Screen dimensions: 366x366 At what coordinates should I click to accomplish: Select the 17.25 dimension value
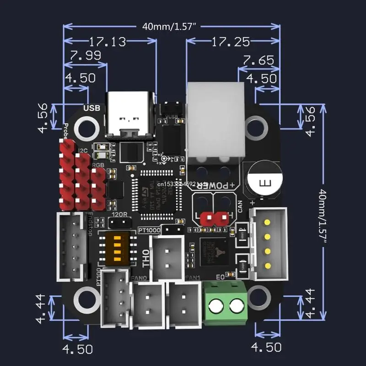(231, 42)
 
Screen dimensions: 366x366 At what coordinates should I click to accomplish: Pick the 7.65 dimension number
(258, 60)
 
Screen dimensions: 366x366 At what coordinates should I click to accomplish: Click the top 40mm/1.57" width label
(170, 27)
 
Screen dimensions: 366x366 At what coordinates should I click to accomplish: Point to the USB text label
(91, 108)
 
